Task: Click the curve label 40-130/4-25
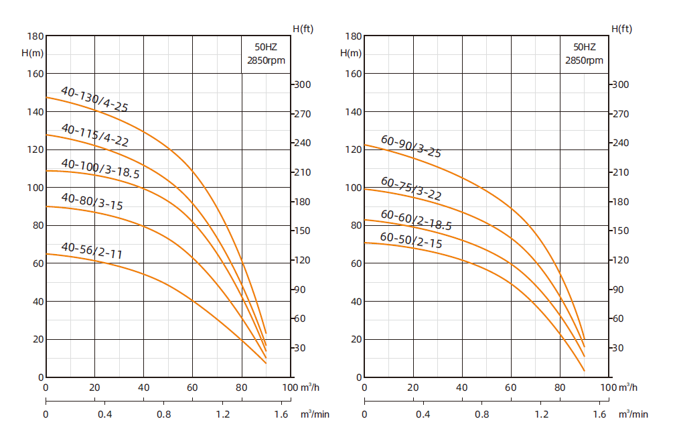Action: tap(94, 99)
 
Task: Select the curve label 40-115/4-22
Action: tap(94, 135)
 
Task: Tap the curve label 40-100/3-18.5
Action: tap(100, 168)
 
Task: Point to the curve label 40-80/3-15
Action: tap(92, 202)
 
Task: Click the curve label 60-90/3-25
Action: tap(411, 147)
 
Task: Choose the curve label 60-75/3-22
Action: tap(411, 188)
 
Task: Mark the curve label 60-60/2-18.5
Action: tap(416, 220)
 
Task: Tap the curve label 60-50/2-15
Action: tap(411, 240)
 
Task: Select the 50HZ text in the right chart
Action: tap(584, 47)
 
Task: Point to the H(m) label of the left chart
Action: tap(32, 52)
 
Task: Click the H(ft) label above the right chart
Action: tap(621, 28)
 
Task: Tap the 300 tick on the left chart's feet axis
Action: tap(302, 84)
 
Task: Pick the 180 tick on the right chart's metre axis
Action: tap(353, 36)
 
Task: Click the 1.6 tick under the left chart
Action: tap(281, 414)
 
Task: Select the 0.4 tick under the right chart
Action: tap(423, 414)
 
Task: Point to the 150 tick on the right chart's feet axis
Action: tap(621, 231)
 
